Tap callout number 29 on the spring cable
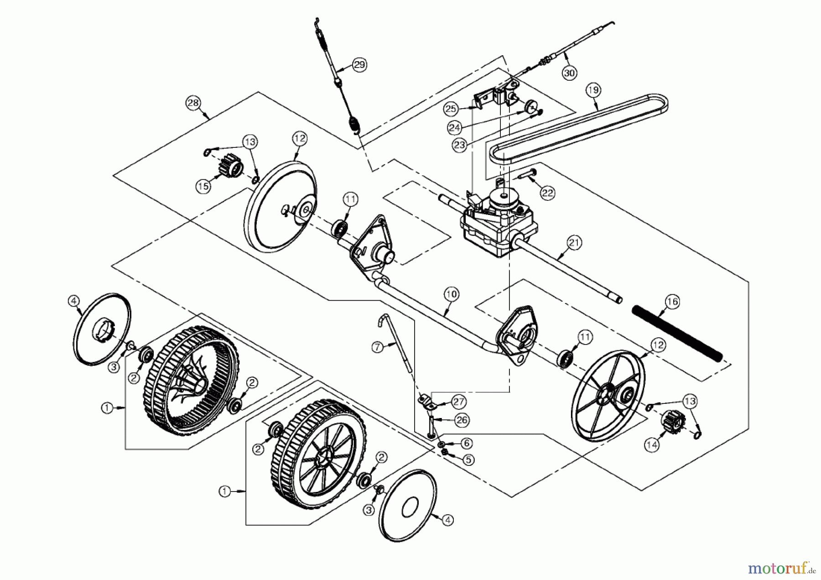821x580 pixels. pyautogui.click(x=359, y=65)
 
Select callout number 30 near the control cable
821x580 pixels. pyautogui.click(x=569, y=73)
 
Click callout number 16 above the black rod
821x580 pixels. pyautogui.click(x=672, y=302)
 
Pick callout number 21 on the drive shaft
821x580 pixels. pyautogui.click(x=574, y=243)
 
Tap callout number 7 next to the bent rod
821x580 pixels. pyautogui.click(x=377, y=347)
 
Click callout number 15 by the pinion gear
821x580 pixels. pyautogui.click(x=203, y=186)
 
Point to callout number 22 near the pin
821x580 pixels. pyautogui.click(x=547, y=193)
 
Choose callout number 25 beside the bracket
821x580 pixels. pyautogui.click(x=451, y=109)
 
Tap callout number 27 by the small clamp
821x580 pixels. pyautogui.click(x=458, y=402)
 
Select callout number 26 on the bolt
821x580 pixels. pyautogui.click(x=462, y=420)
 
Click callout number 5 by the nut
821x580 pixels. pyautogui.click(x=468, y=460)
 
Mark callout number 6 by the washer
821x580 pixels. pyautogui.click(x=466, y=443)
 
